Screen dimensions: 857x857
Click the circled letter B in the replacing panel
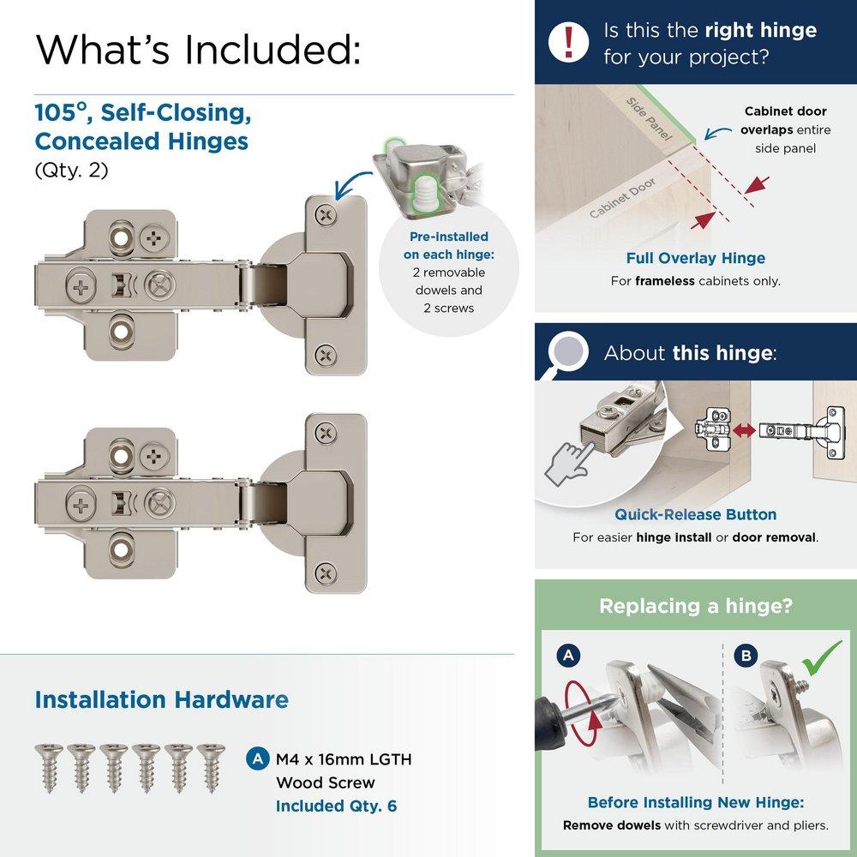coord(746,656)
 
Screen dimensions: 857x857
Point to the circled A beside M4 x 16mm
coord(255,759)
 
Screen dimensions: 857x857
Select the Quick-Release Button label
coord(695,514)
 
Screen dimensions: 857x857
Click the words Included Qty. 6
coord(336,806)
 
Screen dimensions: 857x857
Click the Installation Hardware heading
coord(161,699)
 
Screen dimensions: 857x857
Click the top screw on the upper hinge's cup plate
coord(324,214)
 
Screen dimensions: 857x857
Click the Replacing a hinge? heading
coord(695,606)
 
